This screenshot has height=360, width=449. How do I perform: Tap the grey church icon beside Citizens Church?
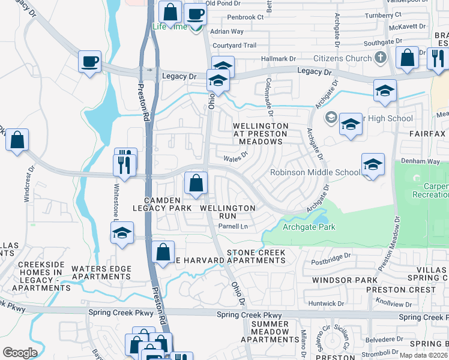pyautogui.click(x=379, y=58)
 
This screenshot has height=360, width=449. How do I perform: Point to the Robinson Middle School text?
pyautogui.click(x=315, y=172)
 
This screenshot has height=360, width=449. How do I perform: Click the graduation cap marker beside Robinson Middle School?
pyautogui.click(x=373, y=164)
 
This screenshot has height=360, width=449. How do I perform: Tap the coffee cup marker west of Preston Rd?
pyautogui.click(x=90, y=61)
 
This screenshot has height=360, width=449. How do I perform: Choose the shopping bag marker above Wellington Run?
pyautogui.click(x=196, y=183)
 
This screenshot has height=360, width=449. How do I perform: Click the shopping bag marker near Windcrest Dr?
pyautogui.click(x=17, y=140)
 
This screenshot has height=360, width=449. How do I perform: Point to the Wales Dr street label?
pyautogui.click(x=235, y=158)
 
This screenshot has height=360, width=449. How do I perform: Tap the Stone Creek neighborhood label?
pyautogui.click(x=256, y=253)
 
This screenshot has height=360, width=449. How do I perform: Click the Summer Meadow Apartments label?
pyautogui.click(x=270, y=332)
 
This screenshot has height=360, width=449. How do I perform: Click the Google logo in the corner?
pyautogui.click(x=20, y=353)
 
